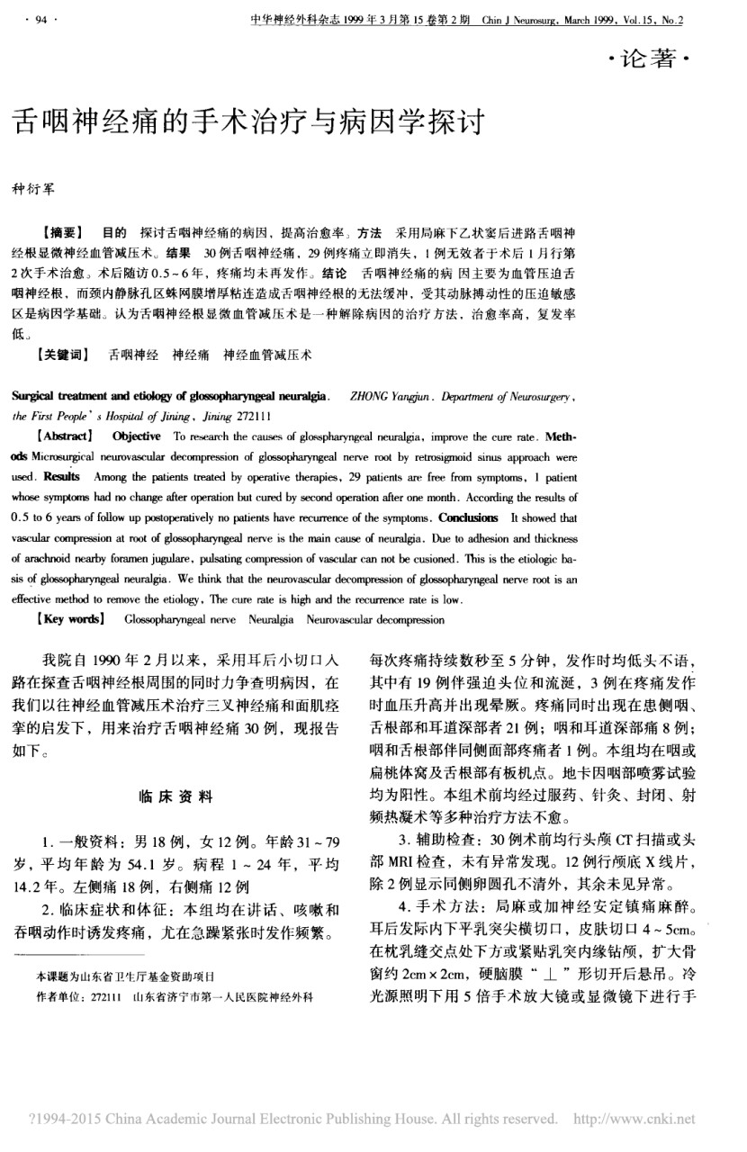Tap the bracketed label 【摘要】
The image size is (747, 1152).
(61, 232)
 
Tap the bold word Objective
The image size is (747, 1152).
(137, 436)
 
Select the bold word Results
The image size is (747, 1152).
(58, 476)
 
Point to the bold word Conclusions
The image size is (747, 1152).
(468, 517)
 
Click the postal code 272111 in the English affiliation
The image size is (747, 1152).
(250, 416)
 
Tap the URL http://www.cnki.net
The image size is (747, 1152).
(634, 1119)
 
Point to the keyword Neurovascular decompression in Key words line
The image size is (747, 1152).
(375, 619)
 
